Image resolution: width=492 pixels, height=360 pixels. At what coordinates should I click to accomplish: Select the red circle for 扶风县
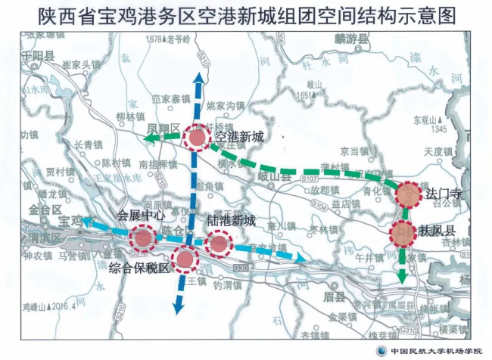coord(403,233)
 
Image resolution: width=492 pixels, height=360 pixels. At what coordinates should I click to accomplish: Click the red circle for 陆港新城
coord(219,244)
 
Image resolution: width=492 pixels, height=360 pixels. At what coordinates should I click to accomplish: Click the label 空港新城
coord(238,137)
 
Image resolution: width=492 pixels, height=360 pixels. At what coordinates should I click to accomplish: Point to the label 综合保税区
coord(140,268)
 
